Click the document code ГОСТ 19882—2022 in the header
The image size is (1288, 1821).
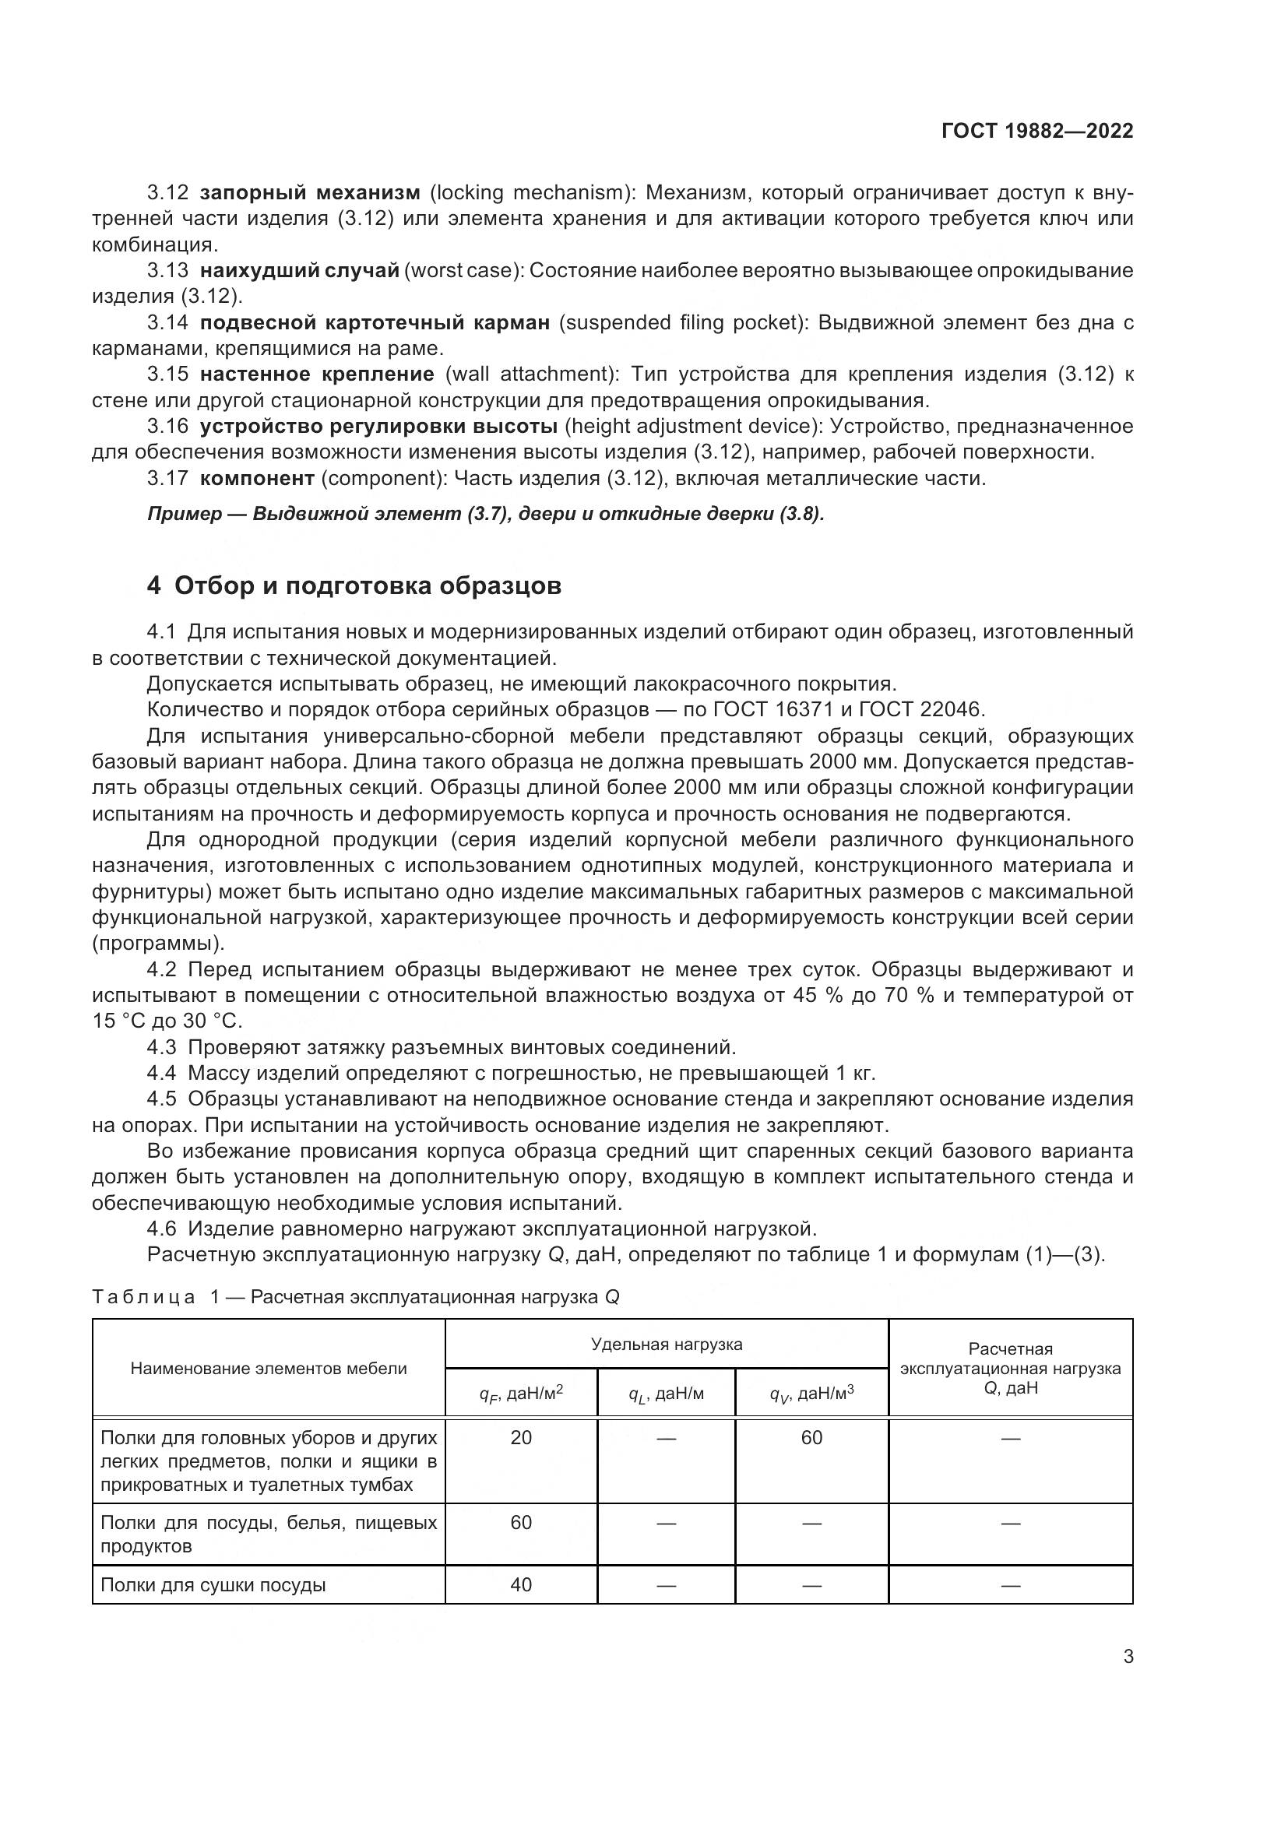pyautogui.click(x=1036, y=131)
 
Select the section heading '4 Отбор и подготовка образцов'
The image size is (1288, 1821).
pyautogui.click(x=354, y=586)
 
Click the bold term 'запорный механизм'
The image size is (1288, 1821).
pyautogui.click(x=309, y=193)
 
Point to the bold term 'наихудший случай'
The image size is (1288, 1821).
pyautogui.click(x=299, y=270)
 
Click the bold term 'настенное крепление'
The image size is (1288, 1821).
pyautogui.click(x=316, y=374)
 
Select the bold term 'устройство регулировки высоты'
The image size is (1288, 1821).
pyautogui.click(x=378, y=426)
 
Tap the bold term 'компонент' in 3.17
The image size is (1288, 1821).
pyautogui.click(x=257, y=478)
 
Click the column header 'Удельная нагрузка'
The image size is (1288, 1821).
pyautogui.click(x=667, y=1344)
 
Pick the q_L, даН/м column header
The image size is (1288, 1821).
pyautogui.click(x=667, y=1394)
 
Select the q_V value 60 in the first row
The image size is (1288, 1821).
pyautogui.click(x=811, y=1438)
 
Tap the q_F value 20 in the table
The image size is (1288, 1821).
pyautogui.click(x=520, y=1438)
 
